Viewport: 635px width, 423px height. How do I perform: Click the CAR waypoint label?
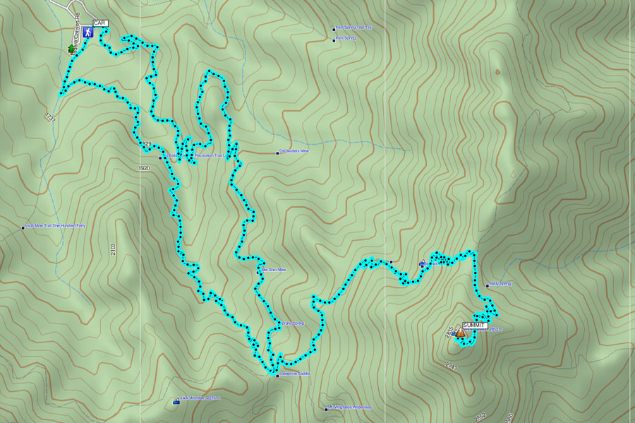pyautogui.click(x=99, y=23)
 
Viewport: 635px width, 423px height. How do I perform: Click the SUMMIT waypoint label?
pyautogui.click(x=475, y=324)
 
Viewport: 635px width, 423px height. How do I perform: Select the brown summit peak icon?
pyautogui.click(x=460, y=332)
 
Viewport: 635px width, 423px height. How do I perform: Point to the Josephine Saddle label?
pyautogui.click(x=294, y=374)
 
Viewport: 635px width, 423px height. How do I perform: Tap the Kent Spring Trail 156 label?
pyautogui.click(x=353, y=28)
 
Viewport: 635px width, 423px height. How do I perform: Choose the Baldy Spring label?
pyautogui.click(x=500, y=284)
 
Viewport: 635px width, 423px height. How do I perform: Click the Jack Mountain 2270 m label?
pyautogui.click(x=200, y=398)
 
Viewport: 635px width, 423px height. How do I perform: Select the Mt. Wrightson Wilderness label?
pyautogui.click(x=350, y=407)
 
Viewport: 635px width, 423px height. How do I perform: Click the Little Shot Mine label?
pyautogui.click(x=274, y=270)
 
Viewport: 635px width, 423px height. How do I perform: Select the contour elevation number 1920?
pyautogui.click(x=145, y=168)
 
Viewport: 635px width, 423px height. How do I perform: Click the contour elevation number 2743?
pyautogui.click(x=452, y=367)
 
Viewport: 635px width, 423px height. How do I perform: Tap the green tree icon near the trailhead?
pyautogui.click(x=71, y=49)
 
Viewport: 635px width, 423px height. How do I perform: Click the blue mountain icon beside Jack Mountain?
pyautogui.click(x=176, y=401)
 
